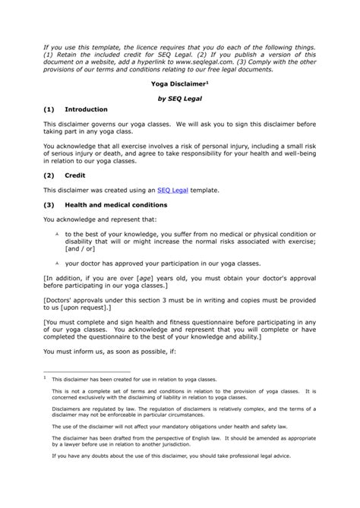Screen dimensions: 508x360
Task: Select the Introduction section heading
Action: click(86, 109)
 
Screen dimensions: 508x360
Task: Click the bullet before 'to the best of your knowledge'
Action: click(57, 235)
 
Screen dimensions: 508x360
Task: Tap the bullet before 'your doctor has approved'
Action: click(57, 262)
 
